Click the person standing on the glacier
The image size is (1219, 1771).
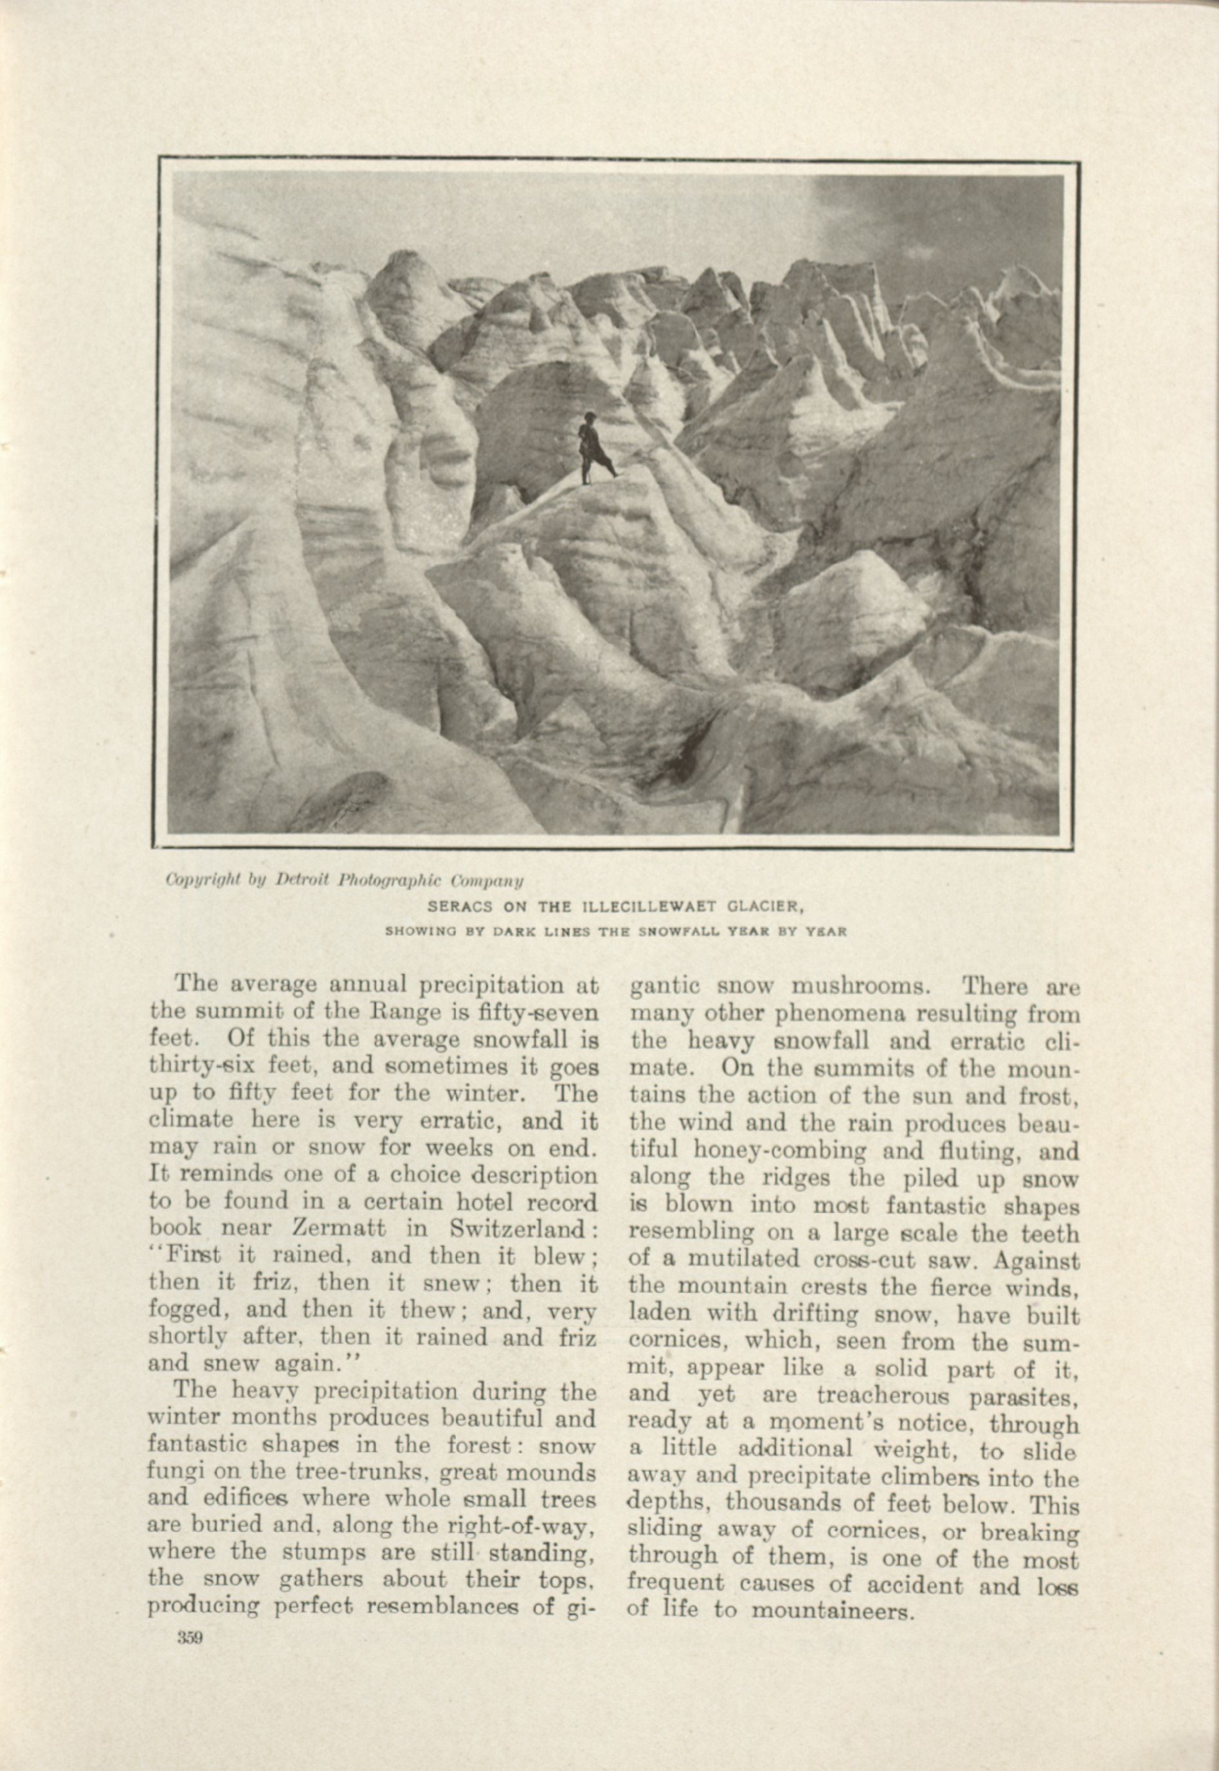pyautogui.click(x=594, y=450)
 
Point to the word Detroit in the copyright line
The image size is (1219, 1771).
pyautogui.click(x=304, y=881)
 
